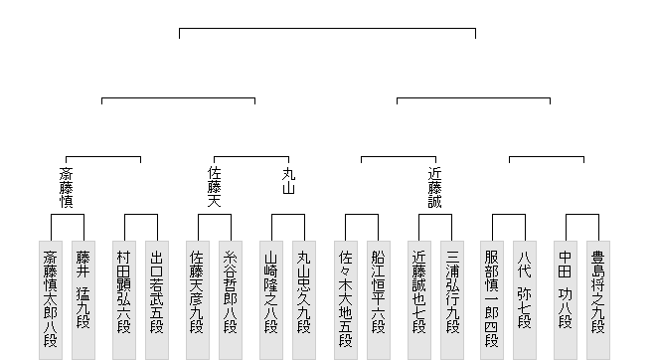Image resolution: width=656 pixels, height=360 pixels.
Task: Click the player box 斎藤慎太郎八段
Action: (x=51, y=300)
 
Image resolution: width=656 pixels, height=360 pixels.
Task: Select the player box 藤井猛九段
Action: (x=83, y=300)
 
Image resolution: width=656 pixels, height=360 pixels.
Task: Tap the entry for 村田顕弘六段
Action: (x=124, y=300)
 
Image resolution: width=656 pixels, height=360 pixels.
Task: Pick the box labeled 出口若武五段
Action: (x=157, y=300)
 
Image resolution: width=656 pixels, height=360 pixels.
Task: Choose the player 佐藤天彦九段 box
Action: (x=198, y=300)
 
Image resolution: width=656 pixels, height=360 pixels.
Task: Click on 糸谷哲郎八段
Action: (x=231, y=300)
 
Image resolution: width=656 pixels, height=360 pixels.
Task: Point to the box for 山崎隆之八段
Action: (x=271, y=300)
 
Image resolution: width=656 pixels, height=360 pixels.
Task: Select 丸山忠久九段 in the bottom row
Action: (x=304, y=300)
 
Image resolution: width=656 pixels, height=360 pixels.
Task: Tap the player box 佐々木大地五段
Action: (x=346, y=300)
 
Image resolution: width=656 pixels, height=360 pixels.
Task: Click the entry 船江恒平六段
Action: (x=379, y=300)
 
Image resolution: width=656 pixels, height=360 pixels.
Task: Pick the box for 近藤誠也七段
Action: (x=419, y=300)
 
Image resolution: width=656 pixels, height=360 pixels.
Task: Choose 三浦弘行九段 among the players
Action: (x=452, y=300)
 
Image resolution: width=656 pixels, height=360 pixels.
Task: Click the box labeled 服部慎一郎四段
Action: (x=492, y=300)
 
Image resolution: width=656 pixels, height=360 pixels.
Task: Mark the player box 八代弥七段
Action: (x=525, y=300)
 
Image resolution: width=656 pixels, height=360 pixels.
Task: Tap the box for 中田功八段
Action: (x=566, y=300)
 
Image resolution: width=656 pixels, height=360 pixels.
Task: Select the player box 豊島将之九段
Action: (x=598, y=300)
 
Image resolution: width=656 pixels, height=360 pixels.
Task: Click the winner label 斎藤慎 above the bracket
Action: (x=67, y=188)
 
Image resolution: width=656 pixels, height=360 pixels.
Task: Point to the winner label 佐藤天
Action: (x=215, y=187)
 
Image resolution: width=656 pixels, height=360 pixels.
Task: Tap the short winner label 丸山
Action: (x=288, y=181)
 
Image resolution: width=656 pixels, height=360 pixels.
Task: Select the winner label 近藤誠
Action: (x=435, y=188)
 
